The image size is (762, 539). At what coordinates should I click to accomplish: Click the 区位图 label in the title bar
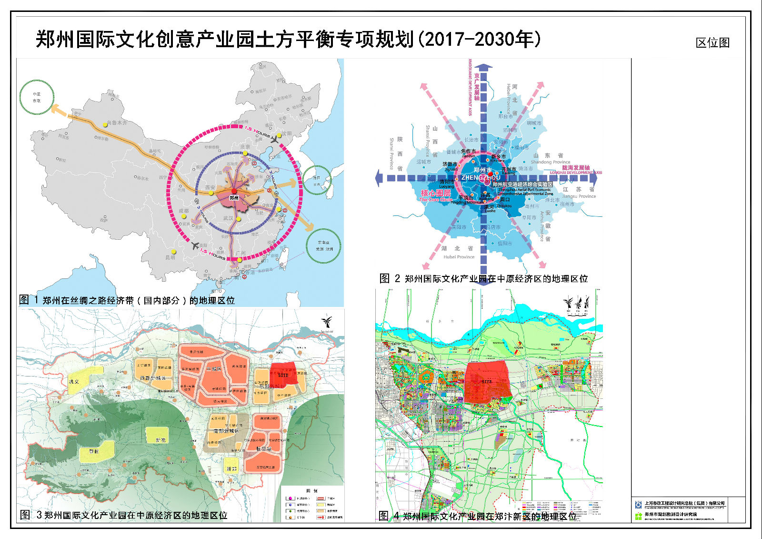pyautogui.click(x=712, y=43)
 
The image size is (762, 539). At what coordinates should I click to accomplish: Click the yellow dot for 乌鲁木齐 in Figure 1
pyautogui.click(x=105, y=124)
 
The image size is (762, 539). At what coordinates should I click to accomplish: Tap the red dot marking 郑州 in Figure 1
pyautogui.click(x=234, y=191)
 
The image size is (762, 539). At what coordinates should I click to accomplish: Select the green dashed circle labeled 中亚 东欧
pyautogui.click(x=37, y=97)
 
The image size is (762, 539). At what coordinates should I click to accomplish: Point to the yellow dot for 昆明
pyautogui.click(x=174, y=252)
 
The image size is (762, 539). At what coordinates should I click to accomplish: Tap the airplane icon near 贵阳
pyautogui.click(x=194, y=246)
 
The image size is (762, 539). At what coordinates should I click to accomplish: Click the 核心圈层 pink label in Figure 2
pyautogui.click(x=436, y=193)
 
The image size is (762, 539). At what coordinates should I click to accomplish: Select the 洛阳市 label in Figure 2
pyautogui.click(x=447, y=182)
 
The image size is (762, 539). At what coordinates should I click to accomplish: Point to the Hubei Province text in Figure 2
pyautogui.click(x=459, y=257)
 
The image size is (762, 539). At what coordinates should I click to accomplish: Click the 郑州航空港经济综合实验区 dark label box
pyautogui.click(x=522, y=184)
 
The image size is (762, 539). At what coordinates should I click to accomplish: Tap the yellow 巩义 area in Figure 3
pyautogui.click(x=85, y=380)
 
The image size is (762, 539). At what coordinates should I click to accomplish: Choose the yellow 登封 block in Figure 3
pyautogui.click(x=97, y=451)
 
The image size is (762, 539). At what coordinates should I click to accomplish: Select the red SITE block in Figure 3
pyautogui.click(x=284, y=374)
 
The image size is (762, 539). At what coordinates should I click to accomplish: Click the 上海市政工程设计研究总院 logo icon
pyautogui.click(x=638, y=504)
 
